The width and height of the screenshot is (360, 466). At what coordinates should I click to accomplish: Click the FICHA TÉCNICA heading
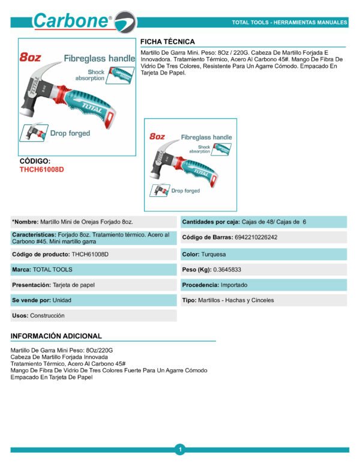point(167,41)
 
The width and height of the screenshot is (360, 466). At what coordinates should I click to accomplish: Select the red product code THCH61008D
point(41,169)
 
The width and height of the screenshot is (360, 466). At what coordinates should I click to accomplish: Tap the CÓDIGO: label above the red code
point(35,162)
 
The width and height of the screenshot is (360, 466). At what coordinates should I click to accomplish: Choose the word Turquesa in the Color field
point(214,255)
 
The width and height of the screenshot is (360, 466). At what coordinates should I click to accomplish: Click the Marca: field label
point(22,270)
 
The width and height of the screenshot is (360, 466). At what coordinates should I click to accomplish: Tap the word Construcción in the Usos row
point(47,315)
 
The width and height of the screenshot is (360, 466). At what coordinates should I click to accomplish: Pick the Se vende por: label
point(31,300)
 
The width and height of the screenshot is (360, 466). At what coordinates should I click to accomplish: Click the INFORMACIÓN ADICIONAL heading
point(56,336)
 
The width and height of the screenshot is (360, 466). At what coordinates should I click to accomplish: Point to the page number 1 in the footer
point(179,449)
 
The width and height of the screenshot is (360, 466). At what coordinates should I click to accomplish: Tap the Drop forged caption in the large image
point(70,133)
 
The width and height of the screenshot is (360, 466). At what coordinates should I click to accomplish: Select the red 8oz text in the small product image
point(157,136)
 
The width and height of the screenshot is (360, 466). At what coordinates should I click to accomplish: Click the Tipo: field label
point(190,300)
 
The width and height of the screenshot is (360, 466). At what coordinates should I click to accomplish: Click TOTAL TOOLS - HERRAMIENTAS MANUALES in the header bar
point(289,23)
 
